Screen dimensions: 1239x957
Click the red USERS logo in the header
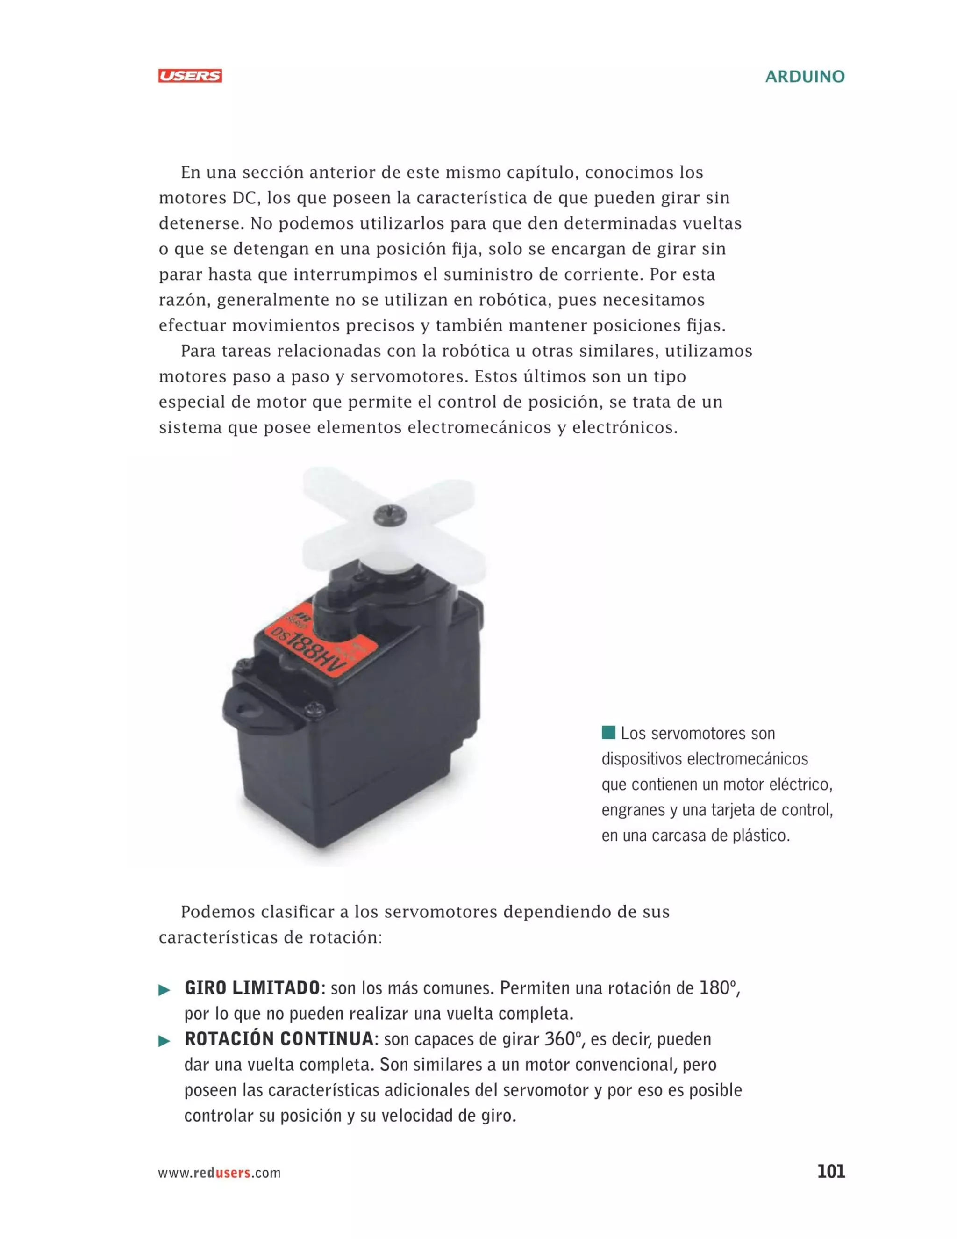[x=190, y=76]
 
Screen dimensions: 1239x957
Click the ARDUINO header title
[x=805, y=77]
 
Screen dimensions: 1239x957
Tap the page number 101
[x=830, y=1172]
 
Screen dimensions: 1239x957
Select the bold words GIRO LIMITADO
[x=252, y=988]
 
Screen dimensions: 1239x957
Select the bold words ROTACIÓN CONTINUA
[x=279, y=1039]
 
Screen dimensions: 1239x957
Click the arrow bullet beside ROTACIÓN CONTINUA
[x=164, y=1042]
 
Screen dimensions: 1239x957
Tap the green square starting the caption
[x=608, y=732]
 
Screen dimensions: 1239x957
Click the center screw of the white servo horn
[x=390, y=515]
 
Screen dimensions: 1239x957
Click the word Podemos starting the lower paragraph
[x=218, y=912]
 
